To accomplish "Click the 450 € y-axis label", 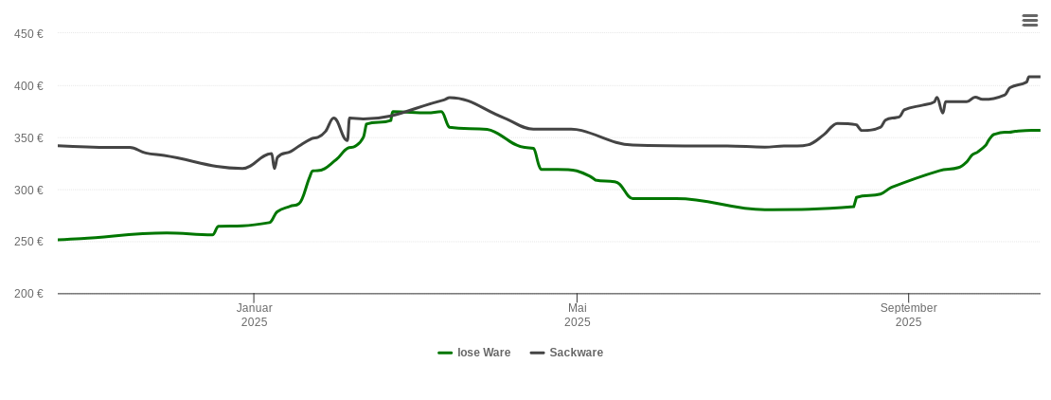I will [x=28, y=34].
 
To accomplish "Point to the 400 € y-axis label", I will [x=28, y=86].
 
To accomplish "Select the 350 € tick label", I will [x=28, y=138].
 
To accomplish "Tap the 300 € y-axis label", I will [x=28, y=191].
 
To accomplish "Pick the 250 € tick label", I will [x=28, y=242].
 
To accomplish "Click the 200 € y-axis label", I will [x=28, y=294].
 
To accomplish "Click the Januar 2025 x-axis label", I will [x=254, y=315].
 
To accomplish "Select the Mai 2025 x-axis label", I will [x=577, y=315].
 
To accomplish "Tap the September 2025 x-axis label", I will [x=908, y=315].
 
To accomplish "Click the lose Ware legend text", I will [x=484, y=353].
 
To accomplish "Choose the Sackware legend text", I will [x=576, y=353].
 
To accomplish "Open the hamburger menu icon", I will [x=1030, y=20].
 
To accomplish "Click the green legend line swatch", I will [x=445, y=353].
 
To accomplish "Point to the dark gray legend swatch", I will [x=537, y=353].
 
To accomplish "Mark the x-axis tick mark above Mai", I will [x=577, y=299].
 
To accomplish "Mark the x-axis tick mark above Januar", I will [x=254, y=299].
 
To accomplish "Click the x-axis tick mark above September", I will [x=908, y=299].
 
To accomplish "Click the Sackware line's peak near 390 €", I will [x=450, y=97].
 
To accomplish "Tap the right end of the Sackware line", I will [x=1039, y=77].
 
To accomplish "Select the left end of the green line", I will [x=59, y=240].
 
